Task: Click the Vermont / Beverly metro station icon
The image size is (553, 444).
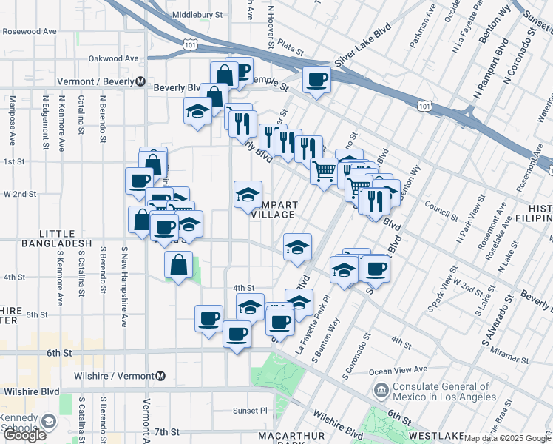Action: tap(139, 82)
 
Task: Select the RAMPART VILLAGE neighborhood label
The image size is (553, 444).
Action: tap(273, 209)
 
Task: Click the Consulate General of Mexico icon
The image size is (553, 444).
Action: tap(381, 390)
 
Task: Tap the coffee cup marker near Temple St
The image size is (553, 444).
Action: tap(316, 79)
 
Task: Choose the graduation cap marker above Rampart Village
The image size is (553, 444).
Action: tap(248, 195)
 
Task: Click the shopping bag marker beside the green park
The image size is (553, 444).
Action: tap(178, 265)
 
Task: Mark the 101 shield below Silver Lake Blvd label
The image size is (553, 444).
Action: tap(424, 107)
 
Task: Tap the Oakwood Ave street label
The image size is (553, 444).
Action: tap(113, 58)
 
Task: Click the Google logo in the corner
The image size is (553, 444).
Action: tap(25, 435)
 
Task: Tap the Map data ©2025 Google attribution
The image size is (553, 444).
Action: tap(507, 438)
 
